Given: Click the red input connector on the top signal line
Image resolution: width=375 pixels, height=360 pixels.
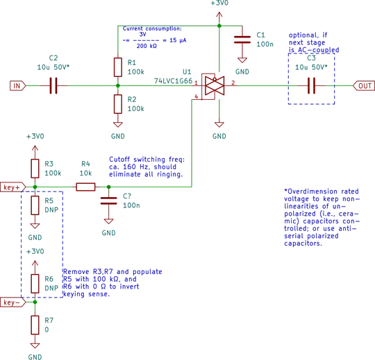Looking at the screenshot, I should pyautogui.click(x=16, y=87).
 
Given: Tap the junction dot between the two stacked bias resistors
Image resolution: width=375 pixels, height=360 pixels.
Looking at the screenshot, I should pyautogui.click(x=117, y=87).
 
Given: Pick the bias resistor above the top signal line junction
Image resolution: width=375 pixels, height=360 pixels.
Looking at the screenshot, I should pyautogui.click(x=117, y=67).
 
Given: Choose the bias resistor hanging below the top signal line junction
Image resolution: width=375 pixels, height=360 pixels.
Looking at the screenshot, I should pyautogui.click(x=117, y=105).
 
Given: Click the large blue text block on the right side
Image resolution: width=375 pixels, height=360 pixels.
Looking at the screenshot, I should pyautogui.click(x=321, y=216).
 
